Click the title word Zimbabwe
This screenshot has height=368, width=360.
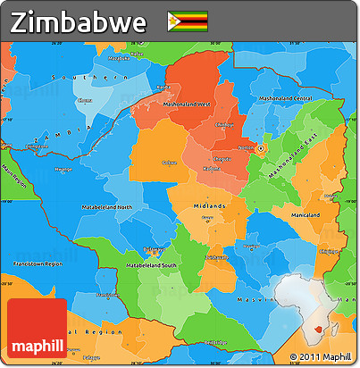point(80,21)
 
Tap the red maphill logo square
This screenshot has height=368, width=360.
point(37,330)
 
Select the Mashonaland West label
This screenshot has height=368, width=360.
point(187,105)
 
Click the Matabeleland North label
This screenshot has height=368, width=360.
point(112,207)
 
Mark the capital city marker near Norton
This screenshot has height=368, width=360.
point(261,147)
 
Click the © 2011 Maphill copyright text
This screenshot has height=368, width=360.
point(321,357)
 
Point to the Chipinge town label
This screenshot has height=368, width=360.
point(329,252)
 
